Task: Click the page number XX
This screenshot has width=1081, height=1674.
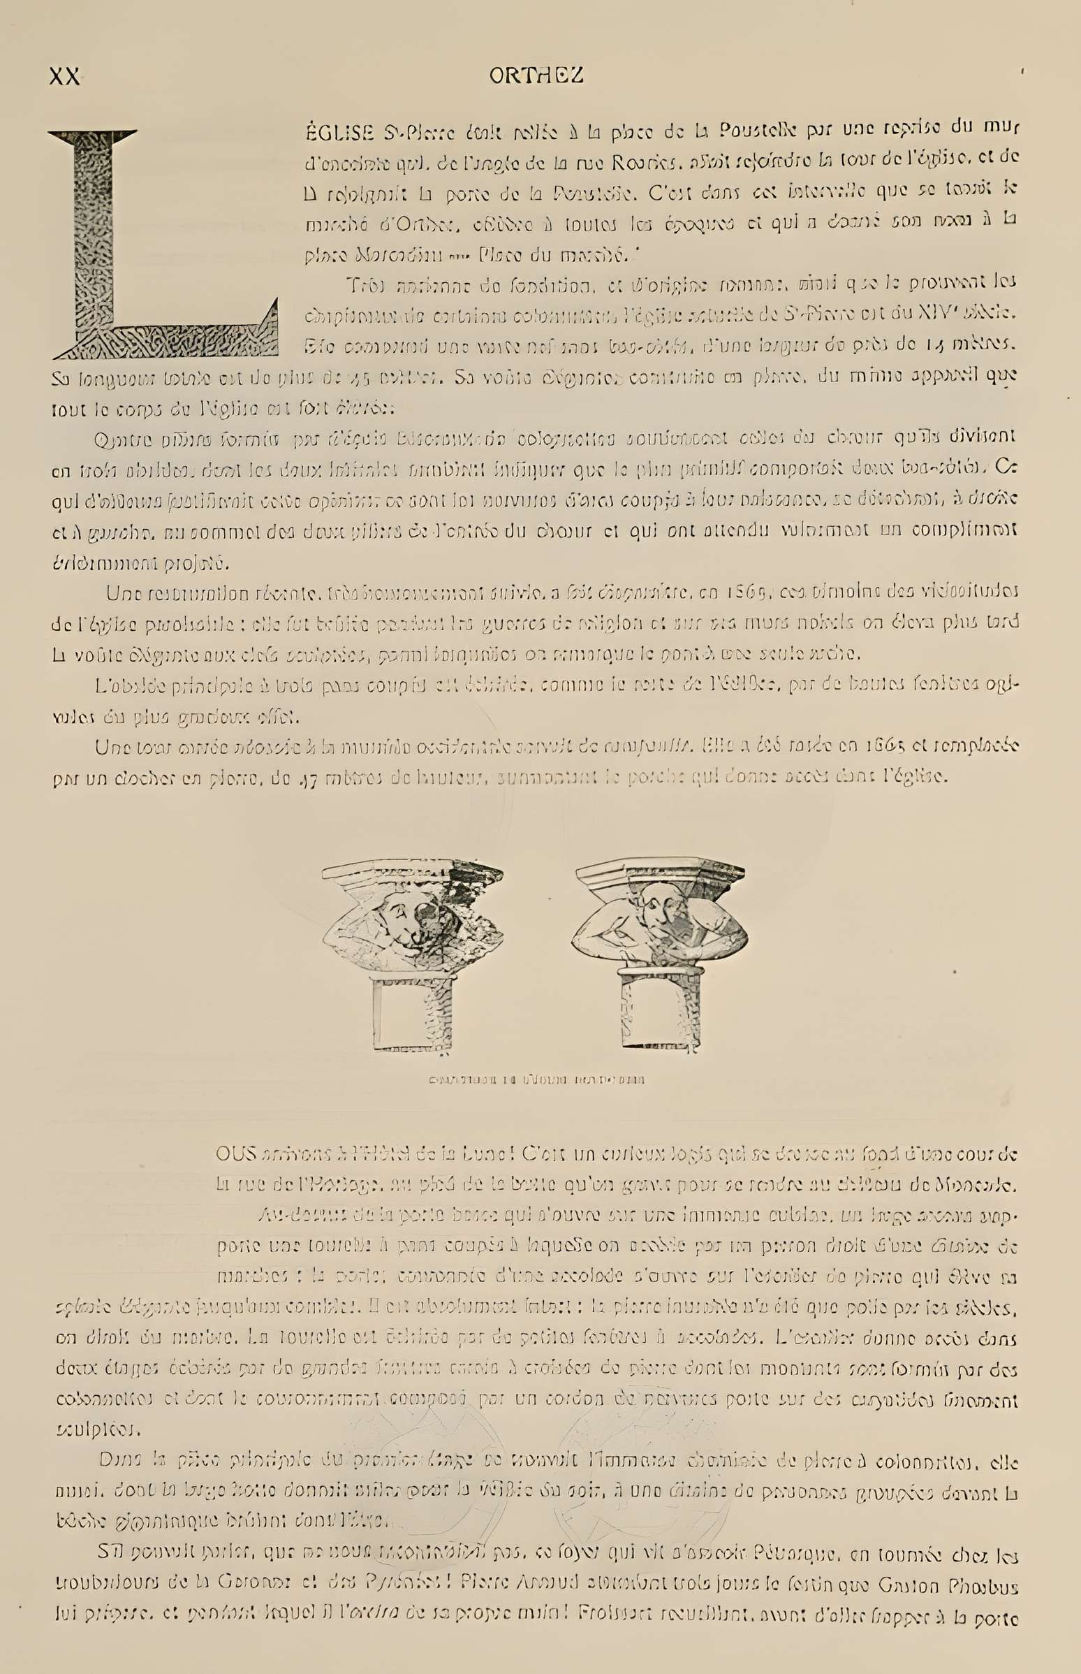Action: tap(65, 77)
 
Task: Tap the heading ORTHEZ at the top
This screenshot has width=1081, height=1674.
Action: tap(537, 77)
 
